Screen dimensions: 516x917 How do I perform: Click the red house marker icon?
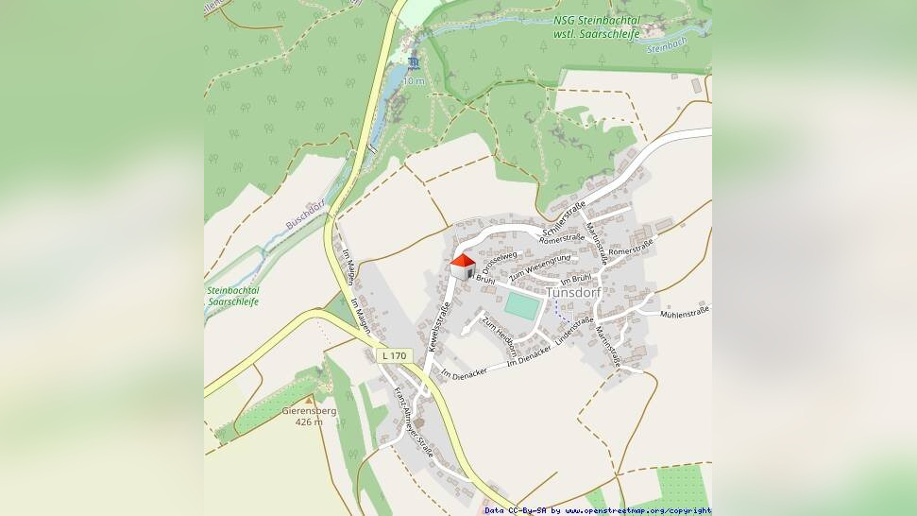coord(462,267)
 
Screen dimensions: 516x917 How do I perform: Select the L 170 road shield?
coord(395,355)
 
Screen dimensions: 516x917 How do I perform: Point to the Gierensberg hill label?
coord(309,411)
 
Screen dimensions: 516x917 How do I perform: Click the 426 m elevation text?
coord(309,422)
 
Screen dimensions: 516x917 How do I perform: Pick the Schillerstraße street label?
coord(565,218)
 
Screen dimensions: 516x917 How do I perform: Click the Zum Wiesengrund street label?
coord(540,268)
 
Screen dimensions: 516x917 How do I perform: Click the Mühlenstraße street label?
coord(685,312)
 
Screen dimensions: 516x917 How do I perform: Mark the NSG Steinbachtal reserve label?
coord(597,26)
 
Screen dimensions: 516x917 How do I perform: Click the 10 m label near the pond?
coord(414,81)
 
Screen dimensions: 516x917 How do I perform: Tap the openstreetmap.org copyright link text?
coord(630,510)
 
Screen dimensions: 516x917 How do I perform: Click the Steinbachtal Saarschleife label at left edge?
coord(232,296)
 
